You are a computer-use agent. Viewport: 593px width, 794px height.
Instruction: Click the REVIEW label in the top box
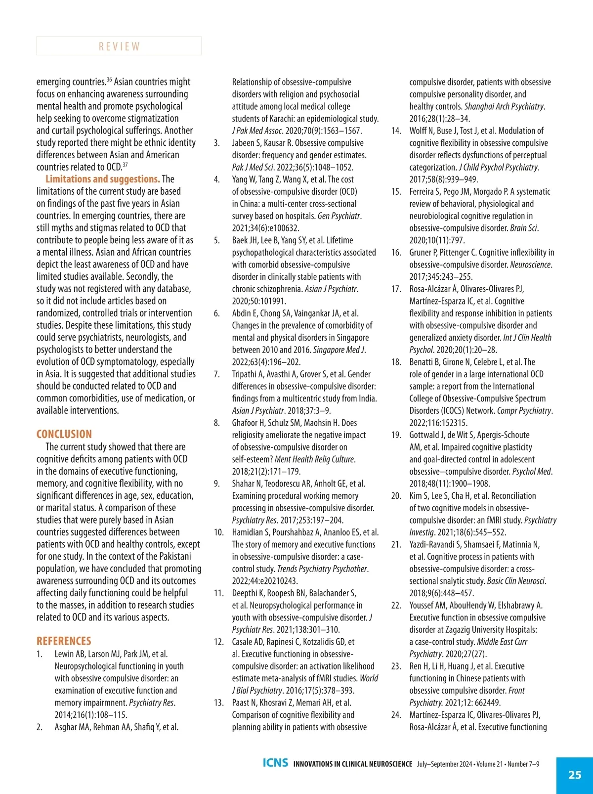tap(119, 46)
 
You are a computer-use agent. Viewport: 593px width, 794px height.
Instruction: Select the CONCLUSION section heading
tap(64, 434)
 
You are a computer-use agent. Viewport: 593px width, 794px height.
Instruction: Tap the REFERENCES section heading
tap(64, 641)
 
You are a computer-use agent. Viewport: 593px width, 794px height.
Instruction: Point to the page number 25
tap(575, 775)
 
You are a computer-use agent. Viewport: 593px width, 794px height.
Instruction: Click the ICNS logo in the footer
tap(275, 763)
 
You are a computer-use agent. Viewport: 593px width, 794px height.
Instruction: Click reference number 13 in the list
tap(218, 703)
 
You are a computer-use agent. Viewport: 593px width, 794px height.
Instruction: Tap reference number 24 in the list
tap(396, 715)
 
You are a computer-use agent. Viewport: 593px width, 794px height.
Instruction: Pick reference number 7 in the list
tap(216, 374)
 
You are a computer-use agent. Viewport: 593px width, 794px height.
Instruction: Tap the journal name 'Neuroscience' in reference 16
tap(530, 265)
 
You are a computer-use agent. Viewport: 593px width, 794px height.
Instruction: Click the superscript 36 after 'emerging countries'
tap(109, 79)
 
